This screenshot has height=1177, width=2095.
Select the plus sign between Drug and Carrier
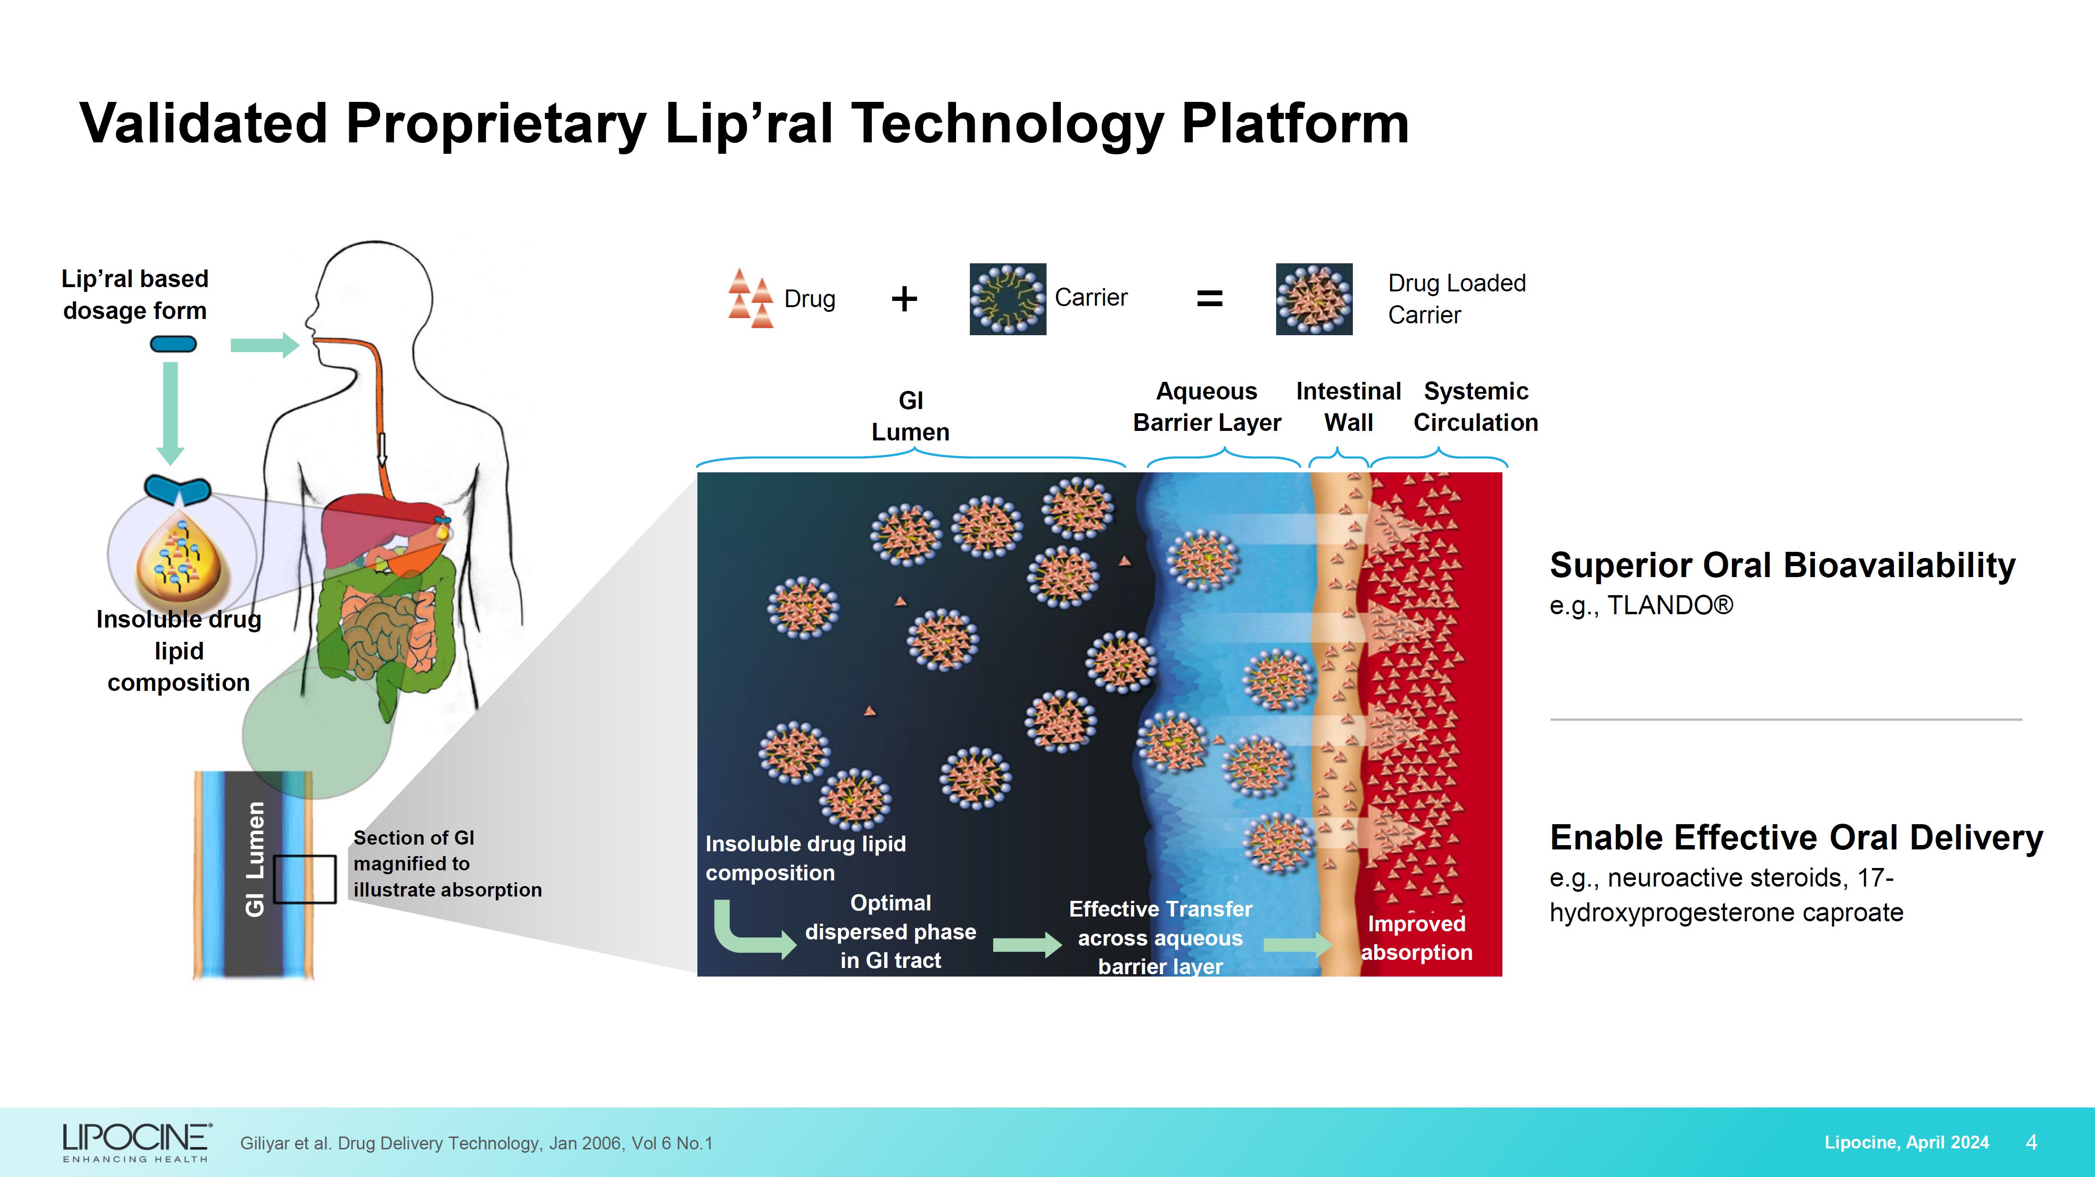tap(905, 299)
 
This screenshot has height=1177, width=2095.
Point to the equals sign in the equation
tap(1209, 299)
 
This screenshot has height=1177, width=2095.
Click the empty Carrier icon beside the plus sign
tap(1007, 299)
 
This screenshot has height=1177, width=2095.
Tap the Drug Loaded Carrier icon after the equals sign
tap(1314, 299)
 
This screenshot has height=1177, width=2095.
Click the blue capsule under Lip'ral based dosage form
tap(173, 345)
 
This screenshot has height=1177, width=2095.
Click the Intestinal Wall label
tap(1349, 407)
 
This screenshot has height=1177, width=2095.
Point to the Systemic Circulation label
tap(1476, 407)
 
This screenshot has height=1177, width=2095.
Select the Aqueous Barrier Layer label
tap(1207, 407)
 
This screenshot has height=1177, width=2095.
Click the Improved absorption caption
tap(1417, 938)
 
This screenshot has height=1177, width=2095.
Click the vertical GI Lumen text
tap(255, 859)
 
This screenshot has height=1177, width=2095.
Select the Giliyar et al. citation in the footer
tap(476, 1143)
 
